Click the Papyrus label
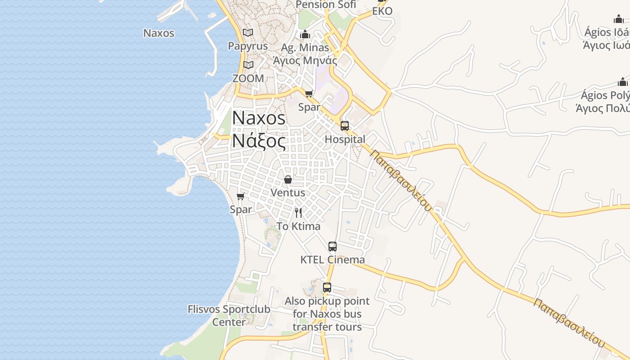click(x=248, y=46)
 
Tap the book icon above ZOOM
click(x=248, y=65)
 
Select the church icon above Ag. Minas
click(x=305, y=34)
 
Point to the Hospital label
click(x=345, y=139)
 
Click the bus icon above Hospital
click(x=345, y=126)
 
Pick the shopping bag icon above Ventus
click(x=288, y=180)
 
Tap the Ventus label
click(x=288, y=193)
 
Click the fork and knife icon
click(x=298, y=212)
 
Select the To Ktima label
click(x=298, y=226)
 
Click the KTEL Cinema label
click(x=333, y=260)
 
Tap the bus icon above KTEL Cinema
click(x=333, y=247)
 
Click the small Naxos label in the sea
click(x=159, y=33)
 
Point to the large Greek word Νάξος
click(x=259, y=141)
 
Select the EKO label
click(x=382, y=11)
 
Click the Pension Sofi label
click(x=326, y=4)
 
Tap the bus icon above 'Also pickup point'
click(x=327, y=288)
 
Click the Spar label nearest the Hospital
click(x=309, y=107)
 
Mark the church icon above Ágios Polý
click(x=623, y=82)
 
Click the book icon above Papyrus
click(x=248, y=32)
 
